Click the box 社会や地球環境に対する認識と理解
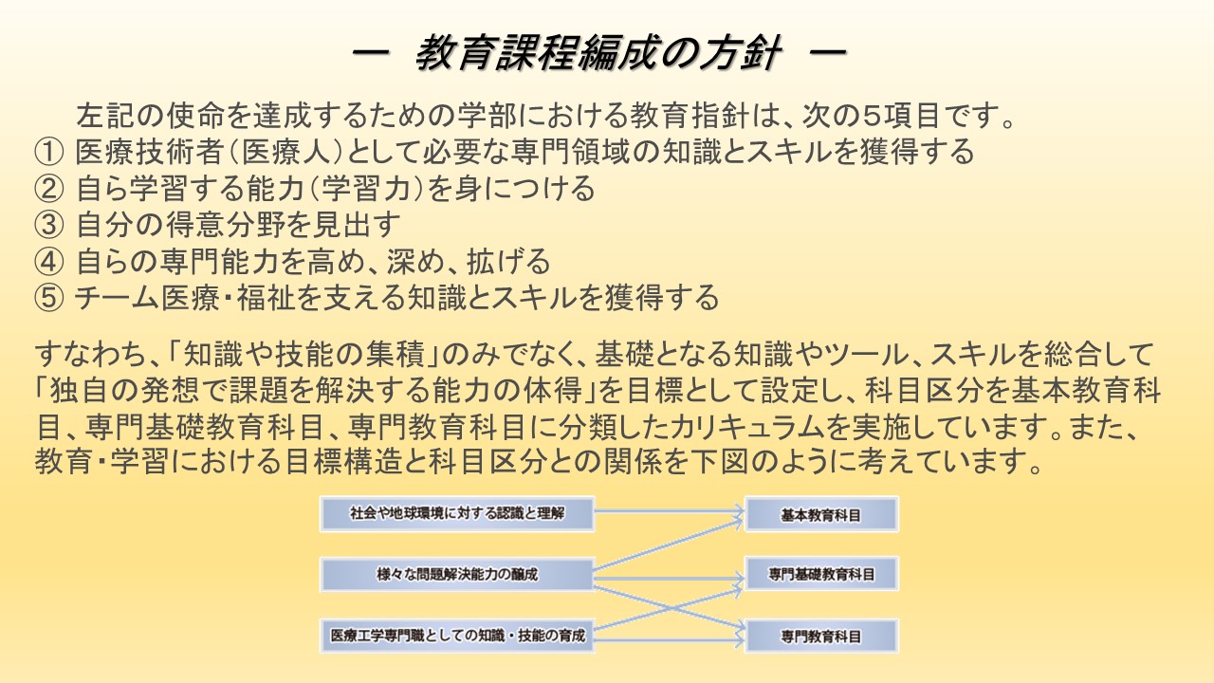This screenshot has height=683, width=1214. pos(457,514)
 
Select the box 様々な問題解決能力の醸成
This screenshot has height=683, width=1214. pos(457,575)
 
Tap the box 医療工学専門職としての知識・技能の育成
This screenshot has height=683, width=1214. pos(457,636)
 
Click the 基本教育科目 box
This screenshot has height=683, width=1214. pos(821,515)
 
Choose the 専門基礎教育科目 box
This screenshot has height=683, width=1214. pos(821,575)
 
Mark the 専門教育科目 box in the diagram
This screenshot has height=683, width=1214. pos(821,636)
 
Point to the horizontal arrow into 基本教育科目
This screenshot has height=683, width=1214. pos(669,514)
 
